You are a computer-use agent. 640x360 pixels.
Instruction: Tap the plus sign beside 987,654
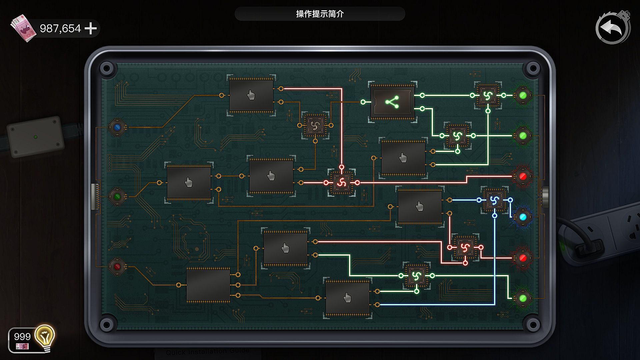pyautogui.click(x=91, y=28)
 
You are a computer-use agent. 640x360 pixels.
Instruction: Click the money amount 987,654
pyautogui.click(x=60, y=28)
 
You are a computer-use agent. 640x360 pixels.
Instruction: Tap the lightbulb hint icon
pyautogui.click(x=45, y=337)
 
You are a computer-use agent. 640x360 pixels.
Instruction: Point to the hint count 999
pyautogui.click(x=22, y=337)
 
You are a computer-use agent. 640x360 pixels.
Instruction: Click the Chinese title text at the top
pyautogui.click(x=320, y=14)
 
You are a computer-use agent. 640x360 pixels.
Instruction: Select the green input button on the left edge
pyautogui.click(x=117, y=197)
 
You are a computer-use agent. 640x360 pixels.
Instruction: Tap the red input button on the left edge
pyautogui.click(x=117, y=267)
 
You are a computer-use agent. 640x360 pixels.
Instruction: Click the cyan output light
pyautogui.click(x=523, y=217)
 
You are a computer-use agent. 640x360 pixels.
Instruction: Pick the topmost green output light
pyautogui.click(x=523, y=96)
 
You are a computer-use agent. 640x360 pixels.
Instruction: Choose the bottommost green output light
pyautogui.click(x=523, y=298)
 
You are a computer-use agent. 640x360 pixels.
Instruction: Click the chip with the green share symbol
pyautogui.click(x=392, y=102)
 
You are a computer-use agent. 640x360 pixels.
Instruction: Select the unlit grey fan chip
pyautogui.click(x=315, y=125)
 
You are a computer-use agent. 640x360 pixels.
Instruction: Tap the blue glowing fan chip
pyautogui.click(x=494, y=200)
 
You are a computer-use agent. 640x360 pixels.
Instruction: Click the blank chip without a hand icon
pyautogui.click(x=208, y=285)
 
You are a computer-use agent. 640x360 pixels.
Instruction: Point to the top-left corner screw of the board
pyautogui.click(x=107, y=69)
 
